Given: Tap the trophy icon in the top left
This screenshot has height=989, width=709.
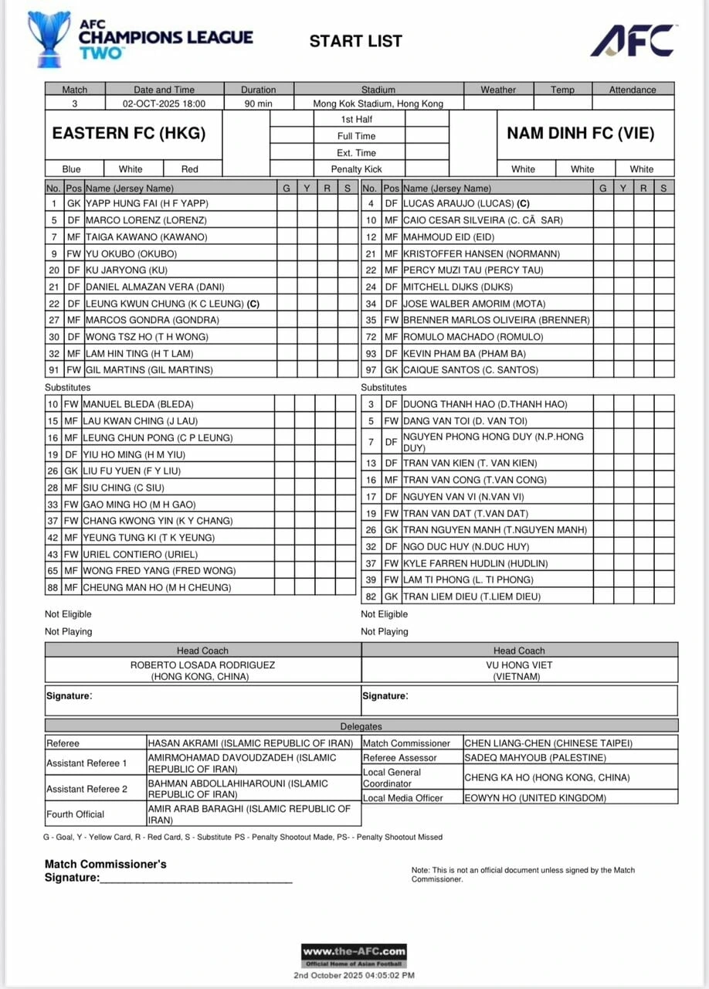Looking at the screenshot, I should pyautogui.click(x=49, y=38).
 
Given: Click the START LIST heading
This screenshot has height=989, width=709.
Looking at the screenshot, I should pyautogui.click(x=355, y=41).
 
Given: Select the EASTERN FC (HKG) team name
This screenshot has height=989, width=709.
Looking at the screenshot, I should pyautogui.click(x=129, y=133).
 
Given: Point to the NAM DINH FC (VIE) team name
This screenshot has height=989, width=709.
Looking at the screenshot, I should pyautogui.click(x=580, y=133).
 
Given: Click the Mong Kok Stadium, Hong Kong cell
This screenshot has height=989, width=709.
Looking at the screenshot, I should pyautogui.click(x=378, y=103).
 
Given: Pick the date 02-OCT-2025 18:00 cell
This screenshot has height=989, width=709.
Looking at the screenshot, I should pyautogui.click(x=164, y=103).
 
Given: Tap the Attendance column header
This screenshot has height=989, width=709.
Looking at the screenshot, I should pyautogui.click(x=633, y=90).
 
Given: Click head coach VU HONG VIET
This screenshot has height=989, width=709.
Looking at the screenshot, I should pyautogui.click(x=519, y=664).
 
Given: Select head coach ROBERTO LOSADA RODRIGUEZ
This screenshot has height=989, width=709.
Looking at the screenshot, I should pyautogui.click(x=202, y=664).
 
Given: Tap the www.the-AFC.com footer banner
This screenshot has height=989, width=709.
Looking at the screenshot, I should pyautogui.click(x=354, y=952).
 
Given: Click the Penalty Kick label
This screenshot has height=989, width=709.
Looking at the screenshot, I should pyautogui.click(x=356, y=169).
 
